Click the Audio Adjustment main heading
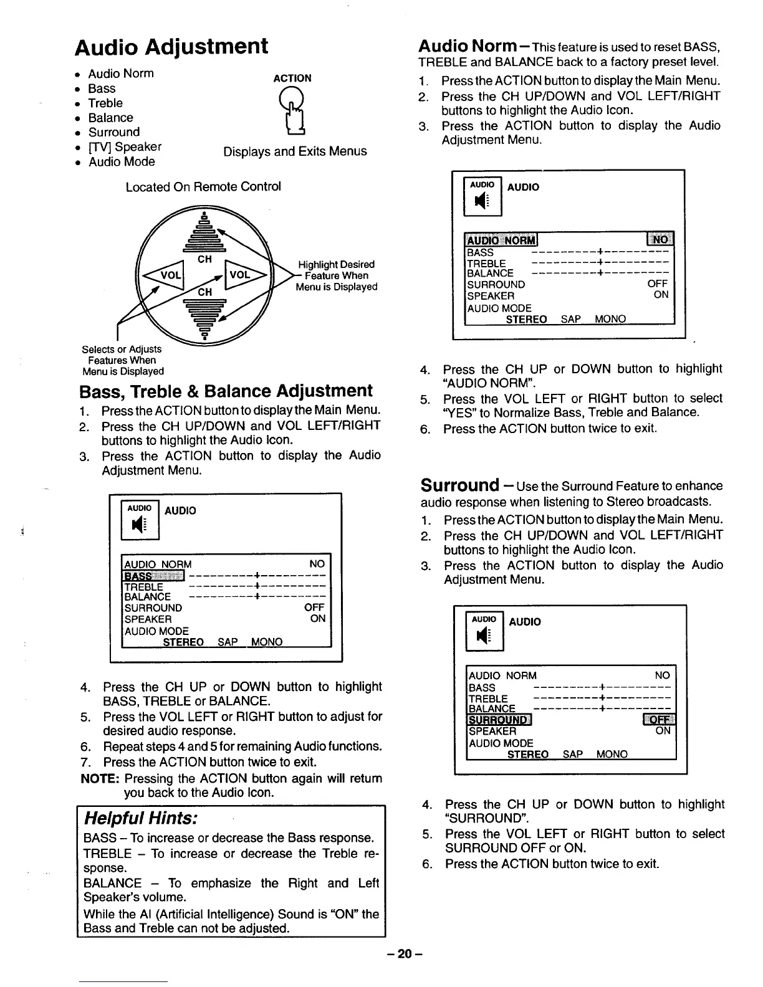click(171, 47)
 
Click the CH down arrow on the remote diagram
click(204, 315)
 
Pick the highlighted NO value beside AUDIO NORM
click(660, 240)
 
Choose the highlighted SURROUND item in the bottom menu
click(499, 720)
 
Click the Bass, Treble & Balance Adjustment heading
click(226, 391)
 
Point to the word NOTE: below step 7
click(100, 778)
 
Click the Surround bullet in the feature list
click(114, 132)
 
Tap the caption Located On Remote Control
click(203, 187)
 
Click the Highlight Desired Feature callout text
click(337, 275)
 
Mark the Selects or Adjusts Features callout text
click(123, 360)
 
